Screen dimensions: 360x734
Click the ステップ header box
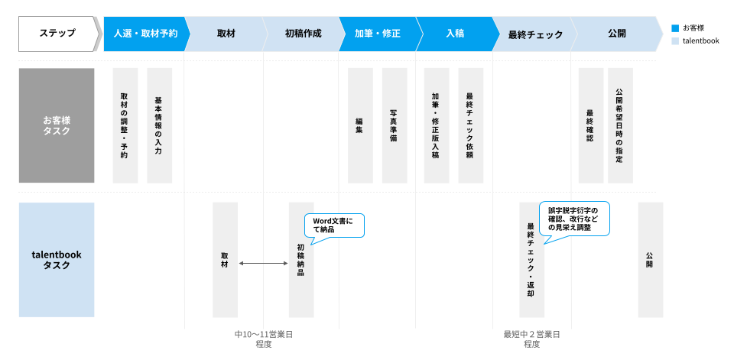coord(58,34)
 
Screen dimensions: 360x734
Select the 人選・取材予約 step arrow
coord(145,34)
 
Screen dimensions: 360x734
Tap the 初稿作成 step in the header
coord(303,34)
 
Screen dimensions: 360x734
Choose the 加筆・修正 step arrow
coord(378,34)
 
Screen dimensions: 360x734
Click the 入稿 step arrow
coord(455,34)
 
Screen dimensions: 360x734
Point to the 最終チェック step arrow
coord(534,34)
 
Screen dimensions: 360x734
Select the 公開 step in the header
coord(616,34)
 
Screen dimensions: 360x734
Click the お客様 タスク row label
coord(57,125)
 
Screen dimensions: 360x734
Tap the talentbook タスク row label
coord(57,260)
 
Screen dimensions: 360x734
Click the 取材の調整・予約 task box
coord(125,125)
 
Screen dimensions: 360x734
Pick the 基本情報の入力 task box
coord(159,125)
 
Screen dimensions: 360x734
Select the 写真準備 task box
coord(394,125)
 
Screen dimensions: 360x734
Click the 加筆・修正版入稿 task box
coord(436,125)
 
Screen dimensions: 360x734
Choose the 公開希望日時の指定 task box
coord(620,125)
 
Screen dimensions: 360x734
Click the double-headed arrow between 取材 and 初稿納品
coord(263,263)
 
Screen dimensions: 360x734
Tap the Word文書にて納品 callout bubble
coord(333,225)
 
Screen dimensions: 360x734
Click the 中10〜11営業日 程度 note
coord(263,339)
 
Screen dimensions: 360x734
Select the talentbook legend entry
coord(695,41)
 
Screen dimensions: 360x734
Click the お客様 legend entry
coord(691,28)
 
